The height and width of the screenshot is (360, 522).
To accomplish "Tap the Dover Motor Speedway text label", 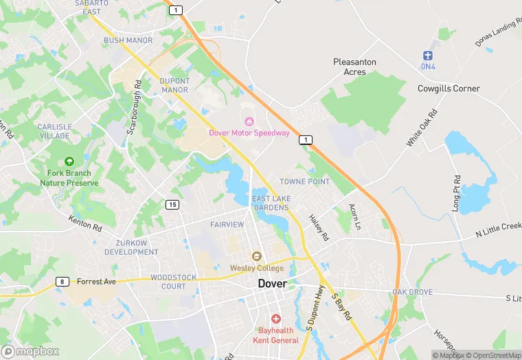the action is click(x=249, y=133).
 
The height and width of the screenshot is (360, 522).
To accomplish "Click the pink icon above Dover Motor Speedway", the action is click(x=249, y=121).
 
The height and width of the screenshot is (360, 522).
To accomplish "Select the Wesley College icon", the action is click(x=256, y=257).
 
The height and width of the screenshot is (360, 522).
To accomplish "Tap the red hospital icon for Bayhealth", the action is click(x=276, y=319).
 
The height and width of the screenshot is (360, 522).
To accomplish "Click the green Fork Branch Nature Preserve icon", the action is click(x=69, y=161).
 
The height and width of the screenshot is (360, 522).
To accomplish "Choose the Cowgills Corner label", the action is click(x=449, y=89).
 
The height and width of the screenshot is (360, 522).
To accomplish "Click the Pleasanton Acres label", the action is click(x=354, y=67).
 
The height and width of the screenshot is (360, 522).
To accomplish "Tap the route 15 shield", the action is click(x=172, y=205).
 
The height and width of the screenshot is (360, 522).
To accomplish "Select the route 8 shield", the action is click(x=63, y=282).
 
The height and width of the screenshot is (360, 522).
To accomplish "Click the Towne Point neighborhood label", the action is click(x=304, y=181).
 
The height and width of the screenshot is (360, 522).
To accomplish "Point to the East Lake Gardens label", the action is click(x=271, y=203).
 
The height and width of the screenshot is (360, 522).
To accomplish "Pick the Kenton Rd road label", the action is click(x=84, y=223).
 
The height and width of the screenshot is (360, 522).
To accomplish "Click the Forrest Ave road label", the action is click(x=97, y=282).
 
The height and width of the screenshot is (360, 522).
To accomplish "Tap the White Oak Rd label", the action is click(x=421, y=127).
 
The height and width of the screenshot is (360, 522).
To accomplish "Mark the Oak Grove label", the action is click(x=412, y=292).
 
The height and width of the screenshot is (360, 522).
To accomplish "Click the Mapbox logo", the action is click(x=30, y=351).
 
